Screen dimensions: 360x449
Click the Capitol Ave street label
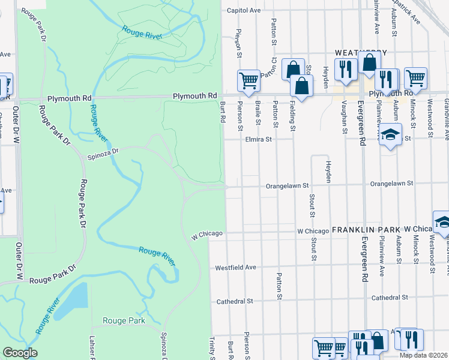click(244, 10)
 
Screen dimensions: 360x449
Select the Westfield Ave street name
click(236, 267)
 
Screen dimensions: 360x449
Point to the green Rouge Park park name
click(123, 321)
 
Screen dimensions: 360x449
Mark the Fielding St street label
click(293, 116)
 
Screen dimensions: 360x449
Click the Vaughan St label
click(345, 116)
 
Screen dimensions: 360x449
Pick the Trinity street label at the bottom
click(212, 348)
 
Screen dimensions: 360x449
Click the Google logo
click(20, 353)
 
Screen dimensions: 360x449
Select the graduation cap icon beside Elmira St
click(390, 135)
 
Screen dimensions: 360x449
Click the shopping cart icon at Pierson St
click(248, 80)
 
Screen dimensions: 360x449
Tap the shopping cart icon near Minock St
click(415, 78)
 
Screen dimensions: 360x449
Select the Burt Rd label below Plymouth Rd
click(222, 112)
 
